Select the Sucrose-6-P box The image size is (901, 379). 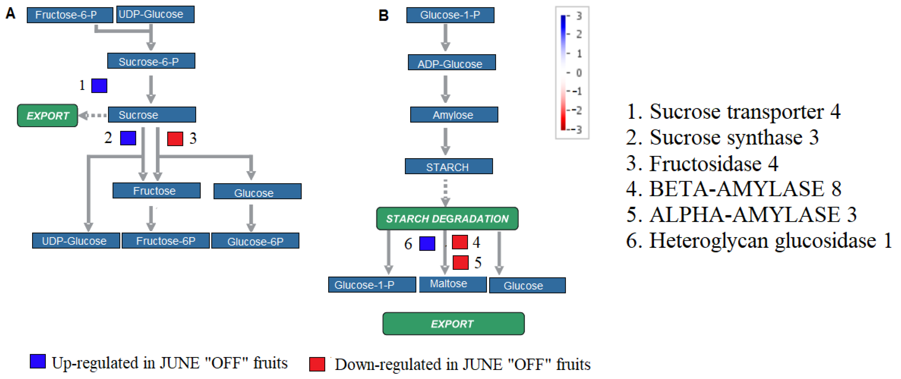(x=151, y=61)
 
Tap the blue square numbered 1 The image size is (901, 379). (x=99, y=86)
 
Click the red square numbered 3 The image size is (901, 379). (x=175, y=139)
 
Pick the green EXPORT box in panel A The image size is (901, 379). (x=47, y=115)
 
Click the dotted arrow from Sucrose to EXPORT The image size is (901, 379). (x=93, y=115)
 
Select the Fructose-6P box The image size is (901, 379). (x=166, y=241)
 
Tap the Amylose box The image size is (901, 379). (x=454, y=115)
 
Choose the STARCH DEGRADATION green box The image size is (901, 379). (x=447, y=219)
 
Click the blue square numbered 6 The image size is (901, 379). (x=427, y=243)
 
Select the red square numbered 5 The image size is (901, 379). (x=460, y=263)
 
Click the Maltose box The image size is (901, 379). (x=452, y=284)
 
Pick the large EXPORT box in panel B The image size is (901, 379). (x=453, y=324)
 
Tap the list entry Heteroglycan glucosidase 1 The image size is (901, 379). (x=759, y=240)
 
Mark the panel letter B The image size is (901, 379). (x=383, y=15)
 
